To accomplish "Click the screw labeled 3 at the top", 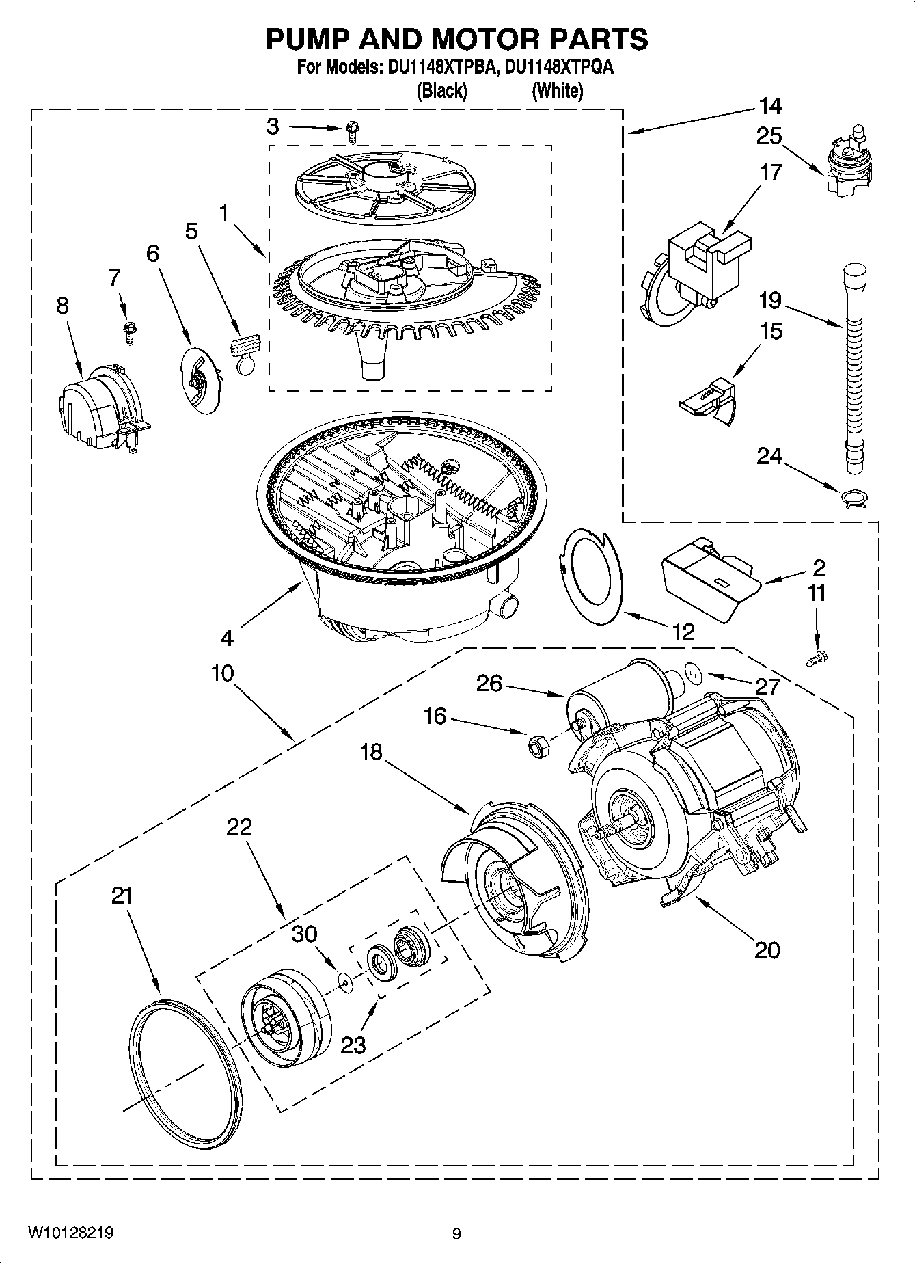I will pyautogui.click(x=353, y=131).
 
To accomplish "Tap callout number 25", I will pyautogui.click(x=769, y=137).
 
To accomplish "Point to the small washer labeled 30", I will pyautogui.click(x=346, y=982).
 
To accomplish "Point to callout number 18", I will pyautogui.click(x=371, y=753).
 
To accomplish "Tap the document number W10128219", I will pyautogui.click(x=71, y=1233).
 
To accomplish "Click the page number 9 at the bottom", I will pyautogui.click(x=456, y=1234).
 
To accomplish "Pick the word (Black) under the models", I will pyautogui.click(x=441, y=90).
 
